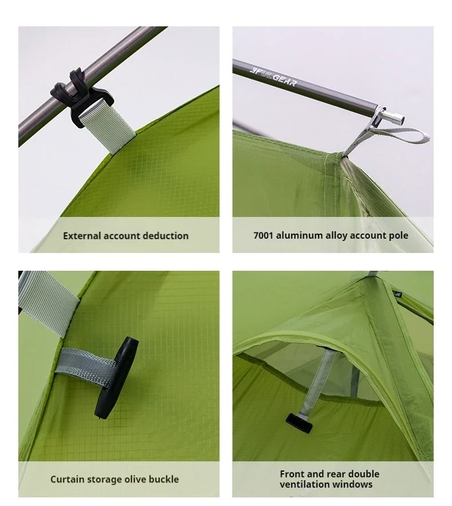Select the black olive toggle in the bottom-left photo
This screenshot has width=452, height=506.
point(116,378)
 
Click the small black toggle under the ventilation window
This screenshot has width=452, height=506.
point(299,423)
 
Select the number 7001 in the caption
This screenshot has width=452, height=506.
point(263,236)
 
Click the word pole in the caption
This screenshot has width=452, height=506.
point(398,236)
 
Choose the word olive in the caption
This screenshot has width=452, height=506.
point(135,479)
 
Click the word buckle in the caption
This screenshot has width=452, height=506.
point(164,479)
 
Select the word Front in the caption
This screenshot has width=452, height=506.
point(292,474)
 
